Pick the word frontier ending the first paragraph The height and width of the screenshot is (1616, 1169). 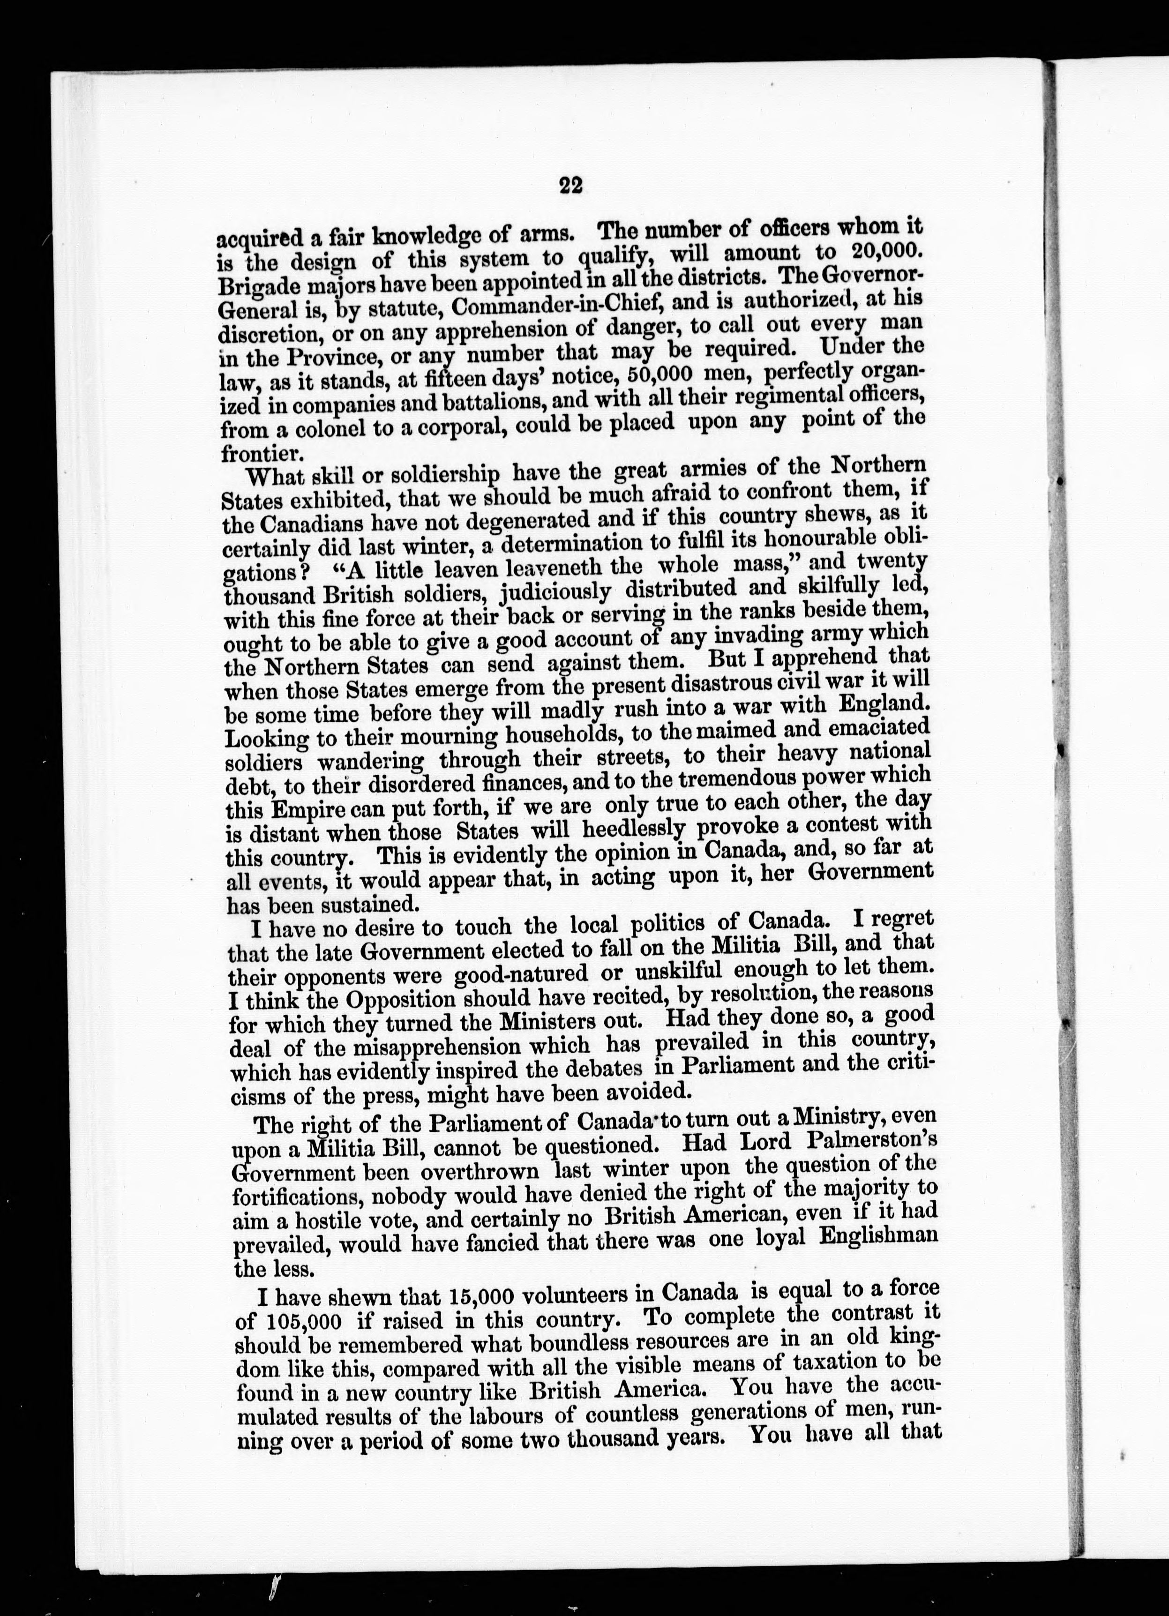coord(254,453)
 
